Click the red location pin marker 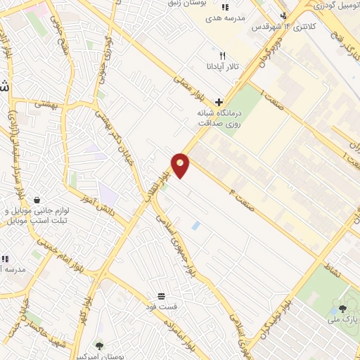pyautogui.click(x=181, y=165)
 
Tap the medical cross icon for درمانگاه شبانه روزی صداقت pyautogui.click(x=219, y=101)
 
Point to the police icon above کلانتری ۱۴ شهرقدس pyautogui.click(x=283, y=15)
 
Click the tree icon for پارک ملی pyautogui.click(x=343, y=308)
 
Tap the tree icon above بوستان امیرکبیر pyautogui.click(x=98, y=345)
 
